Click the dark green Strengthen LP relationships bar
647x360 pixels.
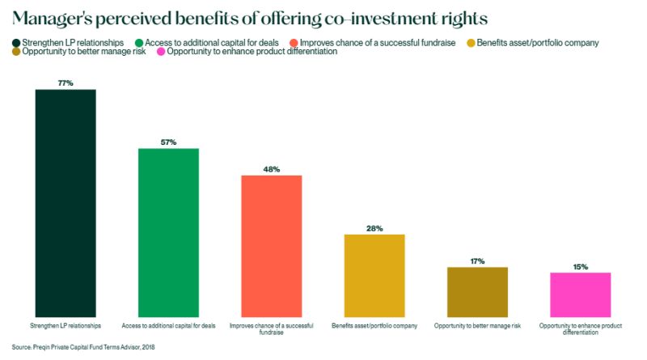pos(66,202)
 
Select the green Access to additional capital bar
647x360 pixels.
pos(168,232)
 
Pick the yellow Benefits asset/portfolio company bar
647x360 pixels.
pos(374,275)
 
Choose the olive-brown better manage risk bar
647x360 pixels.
pos(477,291)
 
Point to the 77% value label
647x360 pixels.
pos(66,83)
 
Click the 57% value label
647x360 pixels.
pos(168,142)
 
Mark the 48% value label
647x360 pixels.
pos(272,169)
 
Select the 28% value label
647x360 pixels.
pos(374,229)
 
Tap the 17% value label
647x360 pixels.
pos(477,261)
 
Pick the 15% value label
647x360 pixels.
pos(580,267)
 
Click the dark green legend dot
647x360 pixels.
pos(16,42)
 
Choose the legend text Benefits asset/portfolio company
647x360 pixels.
pos(538,42)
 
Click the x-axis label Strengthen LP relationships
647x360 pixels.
pos(66,326)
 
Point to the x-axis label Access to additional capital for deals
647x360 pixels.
pos(168,326)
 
